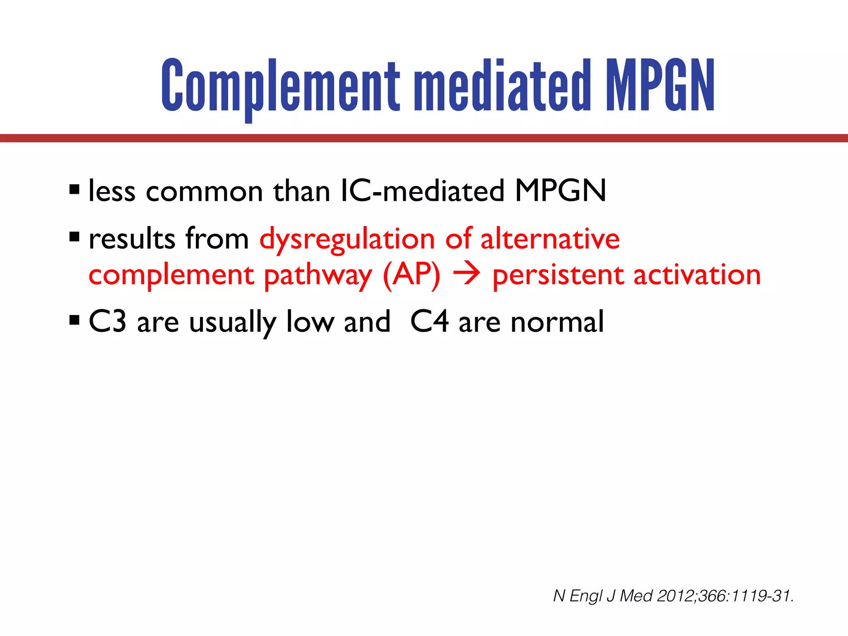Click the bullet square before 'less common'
click(x=75, y=190)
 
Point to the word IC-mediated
click(x=422, y=191)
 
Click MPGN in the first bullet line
click(x=561, y=191)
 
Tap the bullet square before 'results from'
click(x=75, y=238)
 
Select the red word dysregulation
click(x=347, y=240)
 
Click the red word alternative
click(x=550, y=239)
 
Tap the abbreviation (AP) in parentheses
click(x=412, y=275)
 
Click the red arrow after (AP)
click(x=466, y=275)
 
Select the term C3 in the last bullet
click(x=107, y=322)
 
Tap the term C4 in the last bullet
click(x=429, y=322)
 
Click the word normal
click(x=557, y=322)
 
